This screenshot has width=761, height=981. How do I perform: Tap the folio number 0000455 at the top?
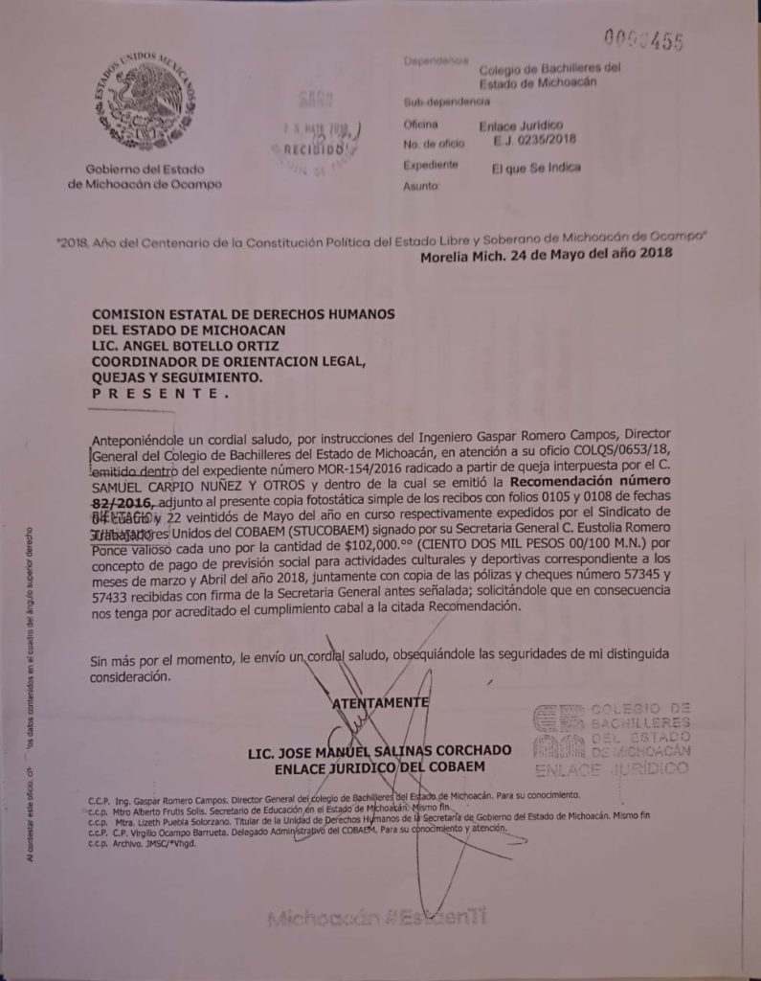point(642,39)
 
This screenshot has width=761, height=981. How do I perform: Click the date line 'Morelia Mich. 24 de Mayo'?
point(546,255)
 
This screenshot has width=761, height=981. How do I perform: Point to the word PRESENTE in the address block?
point(160,394)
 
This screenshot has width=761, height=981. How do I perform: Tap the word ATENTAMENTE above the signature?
point(379,702)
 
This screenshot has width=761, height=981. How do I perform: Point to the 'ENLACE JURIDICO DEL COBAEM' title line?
point(379,766)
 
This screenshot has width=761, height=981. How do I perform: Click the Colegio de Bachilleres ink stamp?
point(611,739)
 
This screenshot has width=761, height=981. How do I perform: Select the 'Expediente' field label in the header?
point(431,165)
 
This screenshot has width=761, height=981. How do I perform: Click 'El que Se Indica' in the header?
point(536,167)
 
